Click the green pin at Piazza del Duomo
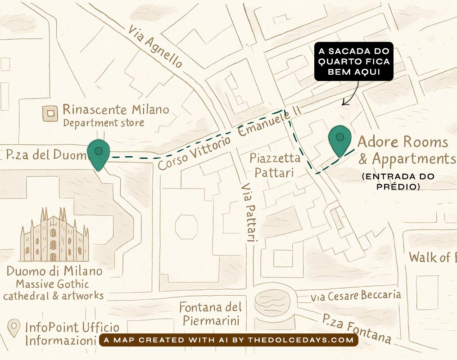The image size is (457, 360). tap(98, 153)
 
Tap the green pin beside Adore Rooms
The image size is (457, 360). tap(340, 140)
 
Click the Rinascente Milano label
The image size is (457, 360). tap(116, 109)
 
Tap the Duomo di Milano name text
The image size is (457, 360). tap(54, 272)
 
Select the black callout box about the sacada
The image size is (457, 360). tap(353, 62)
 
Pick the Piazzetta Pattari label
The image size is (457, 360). tap(275, 165)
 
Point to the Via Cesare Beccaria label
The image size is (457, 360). tap(355, 296)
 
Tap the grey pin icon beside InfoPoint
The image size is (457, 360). tap(15, 328)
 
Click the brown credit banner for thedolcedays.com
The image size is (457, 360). tap(228, 340)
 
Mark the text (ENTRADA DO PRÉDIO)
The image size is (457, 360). tap(398, 181)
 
